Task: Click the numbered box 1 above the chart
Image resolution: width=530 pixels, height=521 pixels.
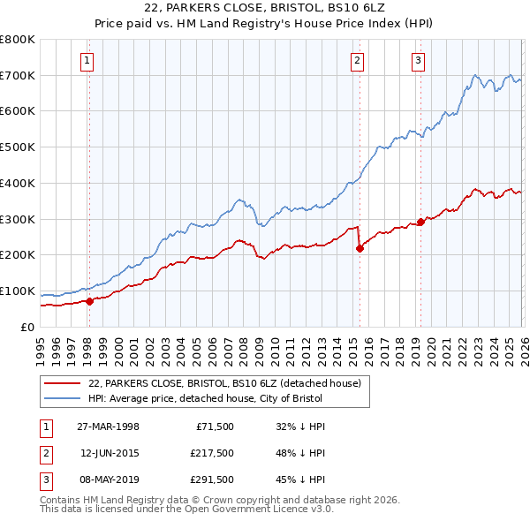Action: pos(88,61)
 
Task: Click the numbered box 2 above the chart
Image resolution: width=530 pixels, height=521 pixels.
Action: pos(357,61)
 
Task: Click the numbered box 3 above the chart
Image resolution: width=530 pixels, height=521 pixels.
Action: pos(418,61)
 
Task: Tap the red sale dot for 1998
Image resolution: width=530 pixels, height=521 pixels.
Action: pos(89,301)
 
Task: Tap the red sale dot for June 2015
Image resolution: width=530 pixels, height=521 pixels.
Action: pos(360,248)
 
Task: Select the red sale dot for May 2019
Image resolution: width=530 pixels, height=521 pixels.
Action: pos(420,222)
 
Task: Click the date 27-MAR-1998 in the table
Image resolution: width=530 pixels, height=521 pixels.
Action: pos(107,427)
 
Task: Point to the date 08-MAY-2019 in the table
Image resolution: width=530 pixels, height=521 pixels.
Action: pos(107,480)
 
